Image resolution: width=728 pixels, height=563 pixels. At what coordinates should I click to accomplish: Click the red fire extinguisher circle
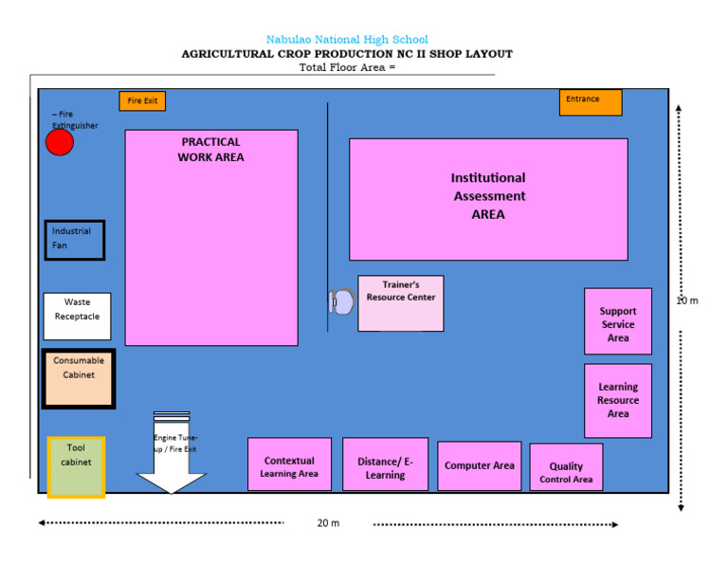click(x=60, y=142)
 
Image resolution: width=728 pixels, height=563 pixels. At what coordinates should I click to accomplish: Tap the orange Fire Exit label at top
click(x=142, y=100)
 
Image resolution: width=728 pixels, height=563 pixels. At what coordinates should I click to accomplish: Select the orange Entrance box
click(x=591, y=101)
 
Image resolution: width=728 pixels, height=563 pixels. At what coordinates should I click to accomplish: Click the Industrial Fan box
click(x=75, y=240)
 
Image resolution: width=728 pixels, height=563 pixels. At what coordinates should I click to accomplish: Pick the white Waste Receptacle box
click(x=77, y=316)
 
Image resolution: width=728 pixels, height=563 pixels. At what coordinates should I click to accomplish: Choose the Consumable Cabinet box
click(x=79, y=379)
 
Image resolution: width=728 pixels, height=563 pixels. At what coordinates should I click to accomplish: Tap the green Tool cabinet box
click(x=76, y=466)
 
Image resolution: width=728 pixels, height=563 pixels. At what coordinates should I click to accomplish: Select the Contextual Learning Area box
click(x=289, y=464)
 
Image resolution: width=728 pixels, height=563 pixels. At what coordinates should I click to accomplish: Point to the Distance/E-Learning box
click(x=385, y=464)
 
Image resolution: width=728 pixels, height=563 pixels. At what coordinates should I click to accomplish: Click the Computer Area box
click(x=479, y=465)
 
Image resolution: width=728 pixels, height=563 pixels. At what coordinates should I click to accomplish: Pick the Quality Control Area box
click(x=566, y=467)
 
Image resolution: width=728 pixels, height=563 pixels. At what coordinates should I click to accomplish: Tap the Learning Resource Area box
click(x=618, y=400)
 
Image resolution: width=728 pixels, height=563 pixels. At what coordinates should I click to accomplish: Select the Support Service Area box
click(x=618, y=321)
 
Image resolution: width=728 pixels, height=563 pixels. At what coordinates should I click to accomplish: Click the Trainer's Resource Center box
click(x=401, y=303)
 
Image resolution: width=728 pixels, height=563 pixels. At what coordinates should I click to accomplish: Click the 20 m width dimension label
click(x=328, y=523)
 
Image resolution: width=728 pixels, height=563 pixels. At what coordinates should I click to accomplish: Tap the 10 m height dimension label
click(x=687, y=300)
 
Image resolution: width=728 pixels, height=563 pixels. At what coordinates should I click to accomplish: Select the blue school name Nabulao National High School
click(x=347, y=40)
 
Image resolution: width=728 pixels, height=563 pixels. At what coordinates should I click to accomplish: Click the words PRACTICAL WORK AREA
click(x=210, y=150)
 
